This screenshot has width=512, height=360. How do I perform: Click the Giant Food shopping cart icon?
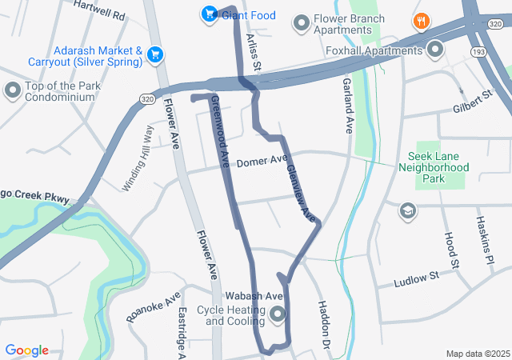point(209,13)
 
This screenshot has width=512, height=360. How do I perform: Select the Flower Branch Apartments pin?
point(302,21)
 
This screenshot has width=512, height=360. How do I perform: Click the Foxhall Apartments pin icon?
point(435,50)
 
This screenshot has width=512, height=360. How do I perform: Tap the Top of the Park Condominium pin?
point(13,90)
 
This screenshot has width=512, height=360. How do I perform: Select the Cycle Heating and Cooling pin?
point(278,314)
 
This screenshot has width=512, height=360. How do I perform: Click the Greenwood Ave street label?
point(222,132)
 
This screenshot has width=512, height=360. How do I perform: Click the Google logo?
point(27,350)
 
